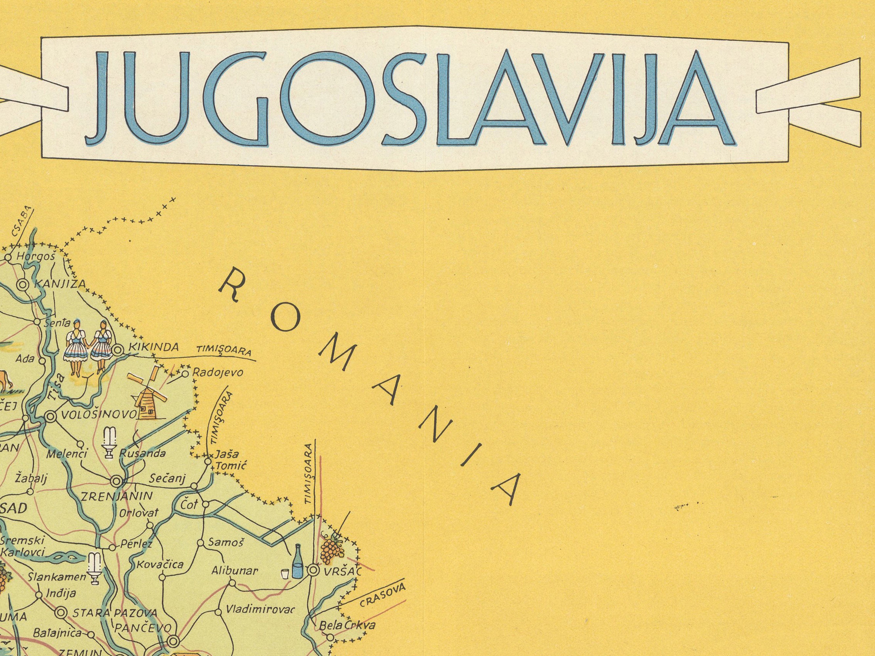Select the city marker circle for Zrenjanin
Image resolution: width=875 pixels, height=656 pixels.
coord(116,481)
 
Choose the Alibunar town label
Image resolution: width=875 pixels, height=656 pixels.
coord(235,570)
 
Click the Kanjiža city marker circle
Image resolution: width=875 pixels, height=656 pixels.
coord(23,284)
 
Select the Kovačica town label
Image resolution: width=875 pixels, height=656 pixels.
coord(160,564)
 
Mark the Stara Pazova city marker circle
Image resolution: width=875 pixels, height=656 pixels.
coord(61,612)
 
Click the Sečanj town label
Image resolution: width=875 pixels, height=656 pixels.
coord(168,479)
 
